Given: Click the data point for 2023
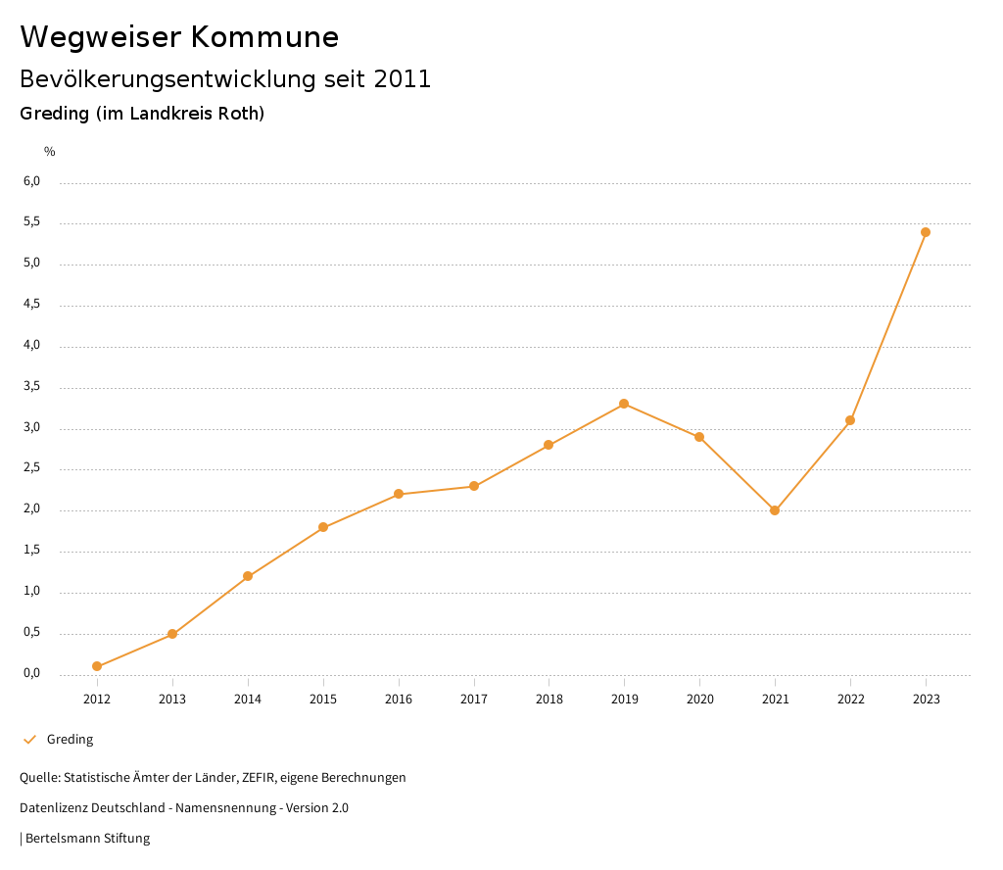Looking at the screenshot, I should click(x=926, y=232).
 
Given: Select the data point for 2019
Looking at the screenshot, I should click(x=624, y=404).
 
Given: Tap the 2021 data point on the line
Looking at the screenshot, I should click(x=775, y=510).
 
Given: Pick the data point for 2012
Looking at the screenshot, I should click(x=97, y=666).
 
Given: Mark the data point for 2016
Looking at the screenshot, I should click(x=399, y=494).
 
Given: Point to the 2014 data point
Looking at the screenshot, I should click(x=248, y=576).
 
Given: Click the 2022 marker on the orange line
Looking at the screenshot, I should click(x=850, y=420).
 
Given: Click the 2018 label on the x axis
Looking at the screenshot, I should click(x=549, y=699).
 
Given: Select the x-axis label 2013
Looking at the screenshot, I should click(x=172, y=699).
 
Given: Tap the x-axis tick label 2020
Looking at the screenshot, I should click(x=699, y=699).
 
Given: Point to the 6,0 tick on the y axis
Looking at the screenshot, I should click(x=31, y=181).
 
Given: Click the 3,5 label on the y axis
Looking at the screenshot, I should click(x=31, y=386).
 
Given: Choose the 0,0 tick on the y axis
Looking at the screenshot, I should click(x=31, y=673).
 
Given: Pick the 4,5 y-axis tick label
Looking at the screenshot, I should click(x=31, y=305).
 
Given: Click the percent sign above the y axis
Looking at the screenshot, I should click(x=50, y=152).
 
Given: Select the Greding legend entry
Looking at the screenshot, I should click(x=70, y=740).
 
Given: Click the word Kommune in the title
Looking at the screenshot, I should click(x=264, y=37).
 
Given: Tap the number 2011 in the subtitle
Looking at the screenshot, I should click(x=403, y=79).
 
